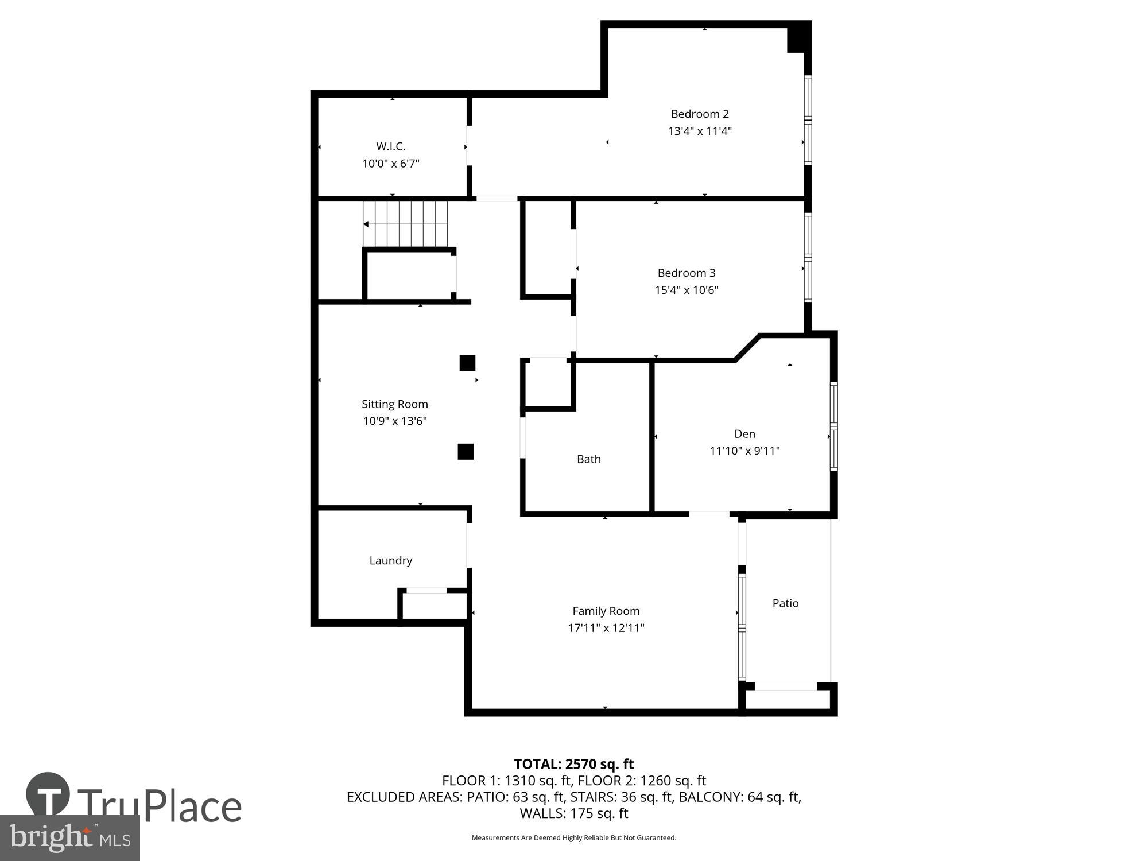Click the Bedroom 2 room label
[x=699, y=114]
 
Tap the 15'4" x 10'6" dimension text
[x=687, y=290]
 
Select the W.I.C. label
[x=390, y=146]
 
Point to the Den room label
[x=744, y=434]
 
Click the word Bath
[x=588, y=459]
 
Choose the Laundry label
[x=390, y=560]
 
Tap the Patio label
[x=785, y=603]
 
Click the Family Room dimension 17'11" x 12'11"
[x=606, y=628]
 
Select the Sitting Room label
[x=394, y=404]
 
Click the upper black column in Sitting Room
[x=467, y=363]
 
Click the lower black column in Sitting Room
[x=466, y=452]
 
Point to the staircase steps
[x=405, y=223]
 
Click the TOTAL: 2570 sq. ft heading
[x=573, y=764]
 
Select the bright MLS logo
[x=69, y=839]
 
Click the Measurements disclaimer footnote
[x=573, y=838]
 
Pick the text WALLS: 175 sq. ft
[x=573, y=813]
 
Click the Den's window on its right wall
[x=833, y=426]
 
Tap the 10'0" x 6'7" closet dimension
[x=390, y=164]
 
